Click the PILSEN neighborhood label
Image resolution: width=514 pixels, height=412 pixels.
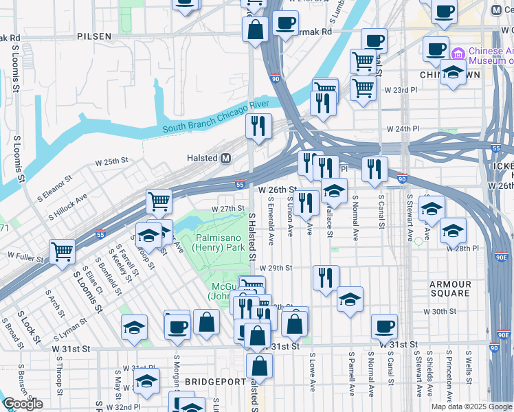94,35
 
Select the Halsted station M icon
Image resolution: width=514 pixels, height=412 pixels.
225,158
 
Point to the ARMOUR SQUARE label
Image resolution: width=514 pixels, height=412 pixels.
450,289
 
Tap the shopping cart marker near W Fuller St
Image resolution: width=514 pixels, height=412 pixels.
62,251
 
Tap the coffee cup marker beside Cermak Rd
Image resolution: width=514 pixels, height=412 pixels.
284,23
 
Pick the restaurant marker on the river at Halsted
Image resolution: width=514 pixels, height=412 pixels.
258,126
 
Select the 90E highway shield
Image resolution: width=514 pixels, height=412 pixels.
502,257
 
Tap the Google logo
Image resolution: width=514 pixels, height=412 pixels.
23,404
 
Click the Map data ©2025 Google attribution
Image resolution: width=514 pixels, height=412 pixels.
471,407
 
